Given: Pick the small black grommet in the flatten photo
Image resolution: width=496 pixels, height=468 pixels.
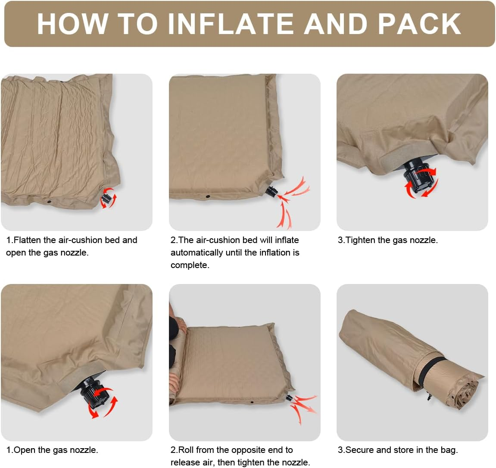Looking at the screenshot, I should click(49, 201).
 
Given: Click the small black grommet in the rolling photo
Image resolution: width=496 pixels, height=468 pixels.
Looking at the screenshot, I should click(253, 402).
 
